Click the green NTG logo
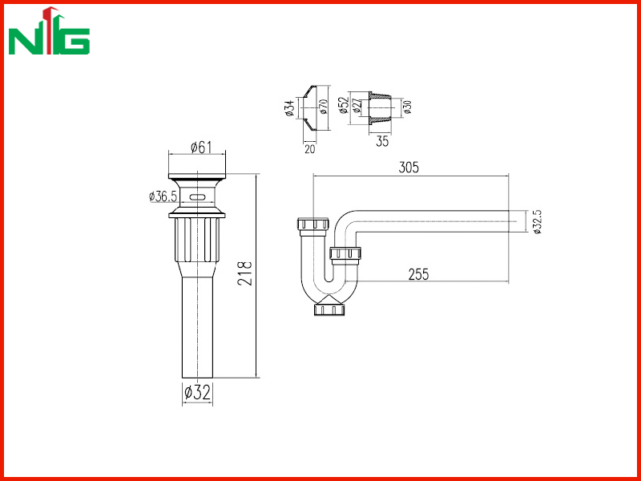pyautogui.click(x=49, y=30)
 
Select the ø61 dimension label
pyautogui.click(x=201, y=148)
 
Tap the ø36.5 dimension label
pyautogui.click(x=163, y=196)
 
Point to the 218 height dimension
pyautogui.click(x=245, y=273)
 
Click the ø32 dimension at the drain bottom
pyautogui.click(x=197, y=393)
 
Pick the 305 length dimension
pyautogui.click(x=409, y=168)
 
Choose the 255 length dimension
pyautogui.click(x=418, y=274)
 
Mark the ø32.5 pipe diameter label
pyautogui.click(x=538, y=221)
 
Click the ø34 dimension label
pyautogui.click(x=290, y=108)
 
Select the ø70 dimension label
pyautogui.click(x=323, y=106)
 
